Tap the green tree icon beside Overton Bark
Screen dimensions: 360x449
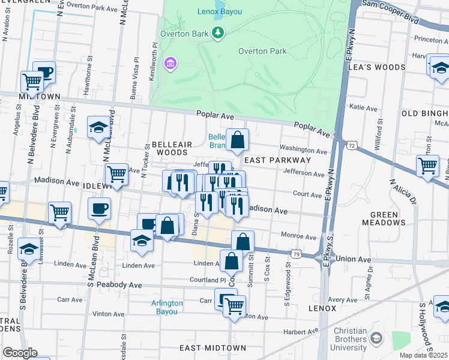pos(218,32)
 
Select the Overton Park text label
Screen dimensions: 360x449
pos(262,52)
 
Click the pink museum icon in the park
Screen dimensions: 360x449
pos(170,62)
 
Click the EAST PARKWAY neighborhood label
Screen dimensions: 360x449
pos(277,160)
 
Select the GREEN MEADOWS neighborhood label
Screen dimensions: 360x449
pos(384,218)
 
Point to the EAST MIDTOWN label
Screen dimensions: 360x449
pos(212,348)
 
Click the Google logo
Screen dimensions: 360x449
pos(20,353)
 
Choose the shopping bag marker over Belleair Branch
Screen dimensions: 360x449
pos(238,141)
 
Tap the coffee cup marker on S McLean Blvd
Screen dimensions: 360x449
pos(100,209)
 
